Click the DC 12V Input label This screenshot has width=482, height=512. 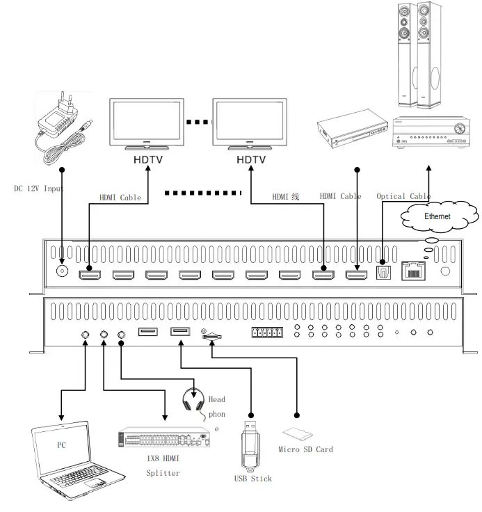tap(39, 189)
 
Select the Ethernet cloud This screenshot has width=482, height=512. tap(437, 216)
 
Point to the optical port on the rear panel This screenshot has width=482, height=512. tap(383, 273)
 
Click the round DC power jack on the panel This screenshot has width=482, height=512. tap(63, 272)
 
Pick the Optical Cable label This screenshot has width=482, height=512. tap(403, 196)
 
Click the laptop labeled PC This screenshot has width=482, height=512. tap(74, 459)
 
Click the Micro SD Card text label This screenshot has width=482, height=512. tap(305, 449)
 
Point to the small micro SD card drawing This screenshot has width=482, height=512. tap(297, 434)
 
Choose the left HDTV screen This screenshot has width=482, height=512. tap(147, 123)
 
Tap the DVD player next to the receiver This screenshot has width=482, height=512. tap(352, 130)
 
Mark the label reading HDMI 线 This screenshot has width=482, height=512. tap(285, 197)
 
